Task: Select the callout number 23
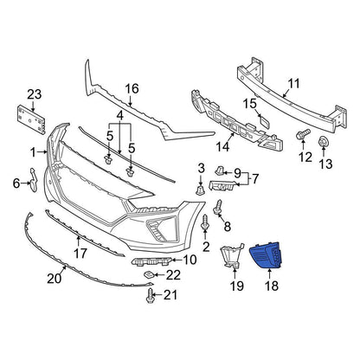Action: coord(35,94)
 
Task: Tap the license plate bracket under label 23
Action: coord(31,119)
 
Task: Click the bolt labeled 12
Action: coord(303,134)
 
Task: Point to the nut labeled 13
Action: coord(323,142)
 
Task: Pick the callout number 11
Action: coord(293,83)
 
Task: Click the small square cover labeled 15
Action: coord(263,121)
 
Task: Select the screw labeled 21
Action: coord(150,296)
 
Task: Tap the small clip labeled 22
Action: coord(149,274)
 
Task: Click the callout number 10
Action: coord(190,260)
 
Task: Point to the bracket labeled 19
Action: coord(231,256)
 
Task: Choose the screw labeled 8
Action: coord(218,208)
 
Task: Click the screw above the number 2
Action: coord(205,222)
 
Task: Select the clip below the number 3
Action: coord(200,190)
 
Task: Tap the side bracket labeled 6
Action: coord(34,180)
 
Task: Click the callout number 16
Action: coord(132,89)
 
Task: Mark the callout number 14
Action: coord(222,146)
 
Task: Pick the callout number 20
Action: coord(55,279)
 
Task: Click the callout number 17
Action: coord(80,254)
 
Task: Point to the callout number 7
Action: coord(255,179)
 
